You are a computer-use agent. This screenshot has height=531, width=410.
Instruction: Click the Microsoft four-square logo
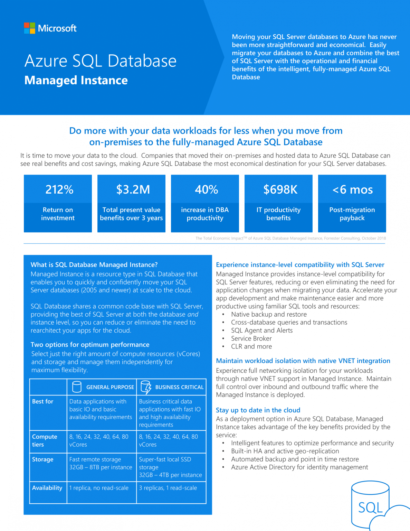(x=29, y=28)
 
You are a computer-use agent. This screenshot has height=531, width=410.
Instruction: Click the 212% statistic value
(x=59, y=189)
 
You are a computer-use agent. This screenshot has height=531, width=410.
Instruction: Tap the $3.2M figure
(x=133, y=189)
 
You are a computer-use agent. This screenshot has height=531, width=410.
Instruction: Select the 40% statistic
(x=206, y=189)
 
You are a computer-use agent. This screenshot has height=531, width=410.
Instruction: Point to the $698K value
(x=280, y=189)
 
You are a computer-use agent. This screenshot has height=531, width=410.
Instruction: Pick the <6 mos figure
(x=352, y=189)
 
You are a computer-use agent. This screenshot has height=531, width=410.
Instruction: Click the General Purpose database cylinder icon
(x=77, y=387)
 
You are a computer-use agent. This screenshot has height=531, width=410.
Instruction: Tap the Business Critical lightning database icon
(x=146, y=387)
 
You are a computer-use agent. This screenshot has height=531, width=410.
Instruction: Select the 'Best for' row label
(x=43, y=401)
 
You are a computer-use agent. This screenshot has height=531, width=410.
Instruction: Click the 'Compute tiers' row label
(x=44, y=440)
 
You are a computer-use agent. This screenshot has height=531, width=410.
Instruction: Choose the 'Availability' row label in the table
(x=47, y=488)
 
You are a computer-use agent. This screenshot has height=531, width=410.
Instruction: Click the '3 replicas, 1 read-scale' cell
(x=168, y=488)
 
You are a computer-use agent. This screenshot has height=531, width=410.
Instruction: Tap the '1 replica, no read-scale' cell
(x=99, y=488)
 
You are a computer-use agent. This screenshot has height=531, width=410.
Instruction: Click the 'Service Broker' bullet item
(x=251, y=338)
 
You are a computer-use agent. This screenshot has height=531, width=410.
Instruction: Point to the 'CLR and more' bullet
(x=251, y=346)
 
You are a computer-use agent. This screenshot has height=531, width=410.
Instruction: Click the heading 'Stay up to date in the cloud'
(x=258, y=410)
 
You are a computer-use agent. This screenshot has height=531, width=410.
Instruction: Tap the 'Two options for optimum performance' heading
(x=90, y=345)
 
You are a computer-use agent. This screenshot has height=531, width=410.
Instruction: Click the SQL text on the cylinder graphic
(x=370, y=507)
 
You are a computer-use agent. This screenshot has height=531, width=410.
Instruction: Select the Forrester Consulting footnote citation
(x=290, y=238)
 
